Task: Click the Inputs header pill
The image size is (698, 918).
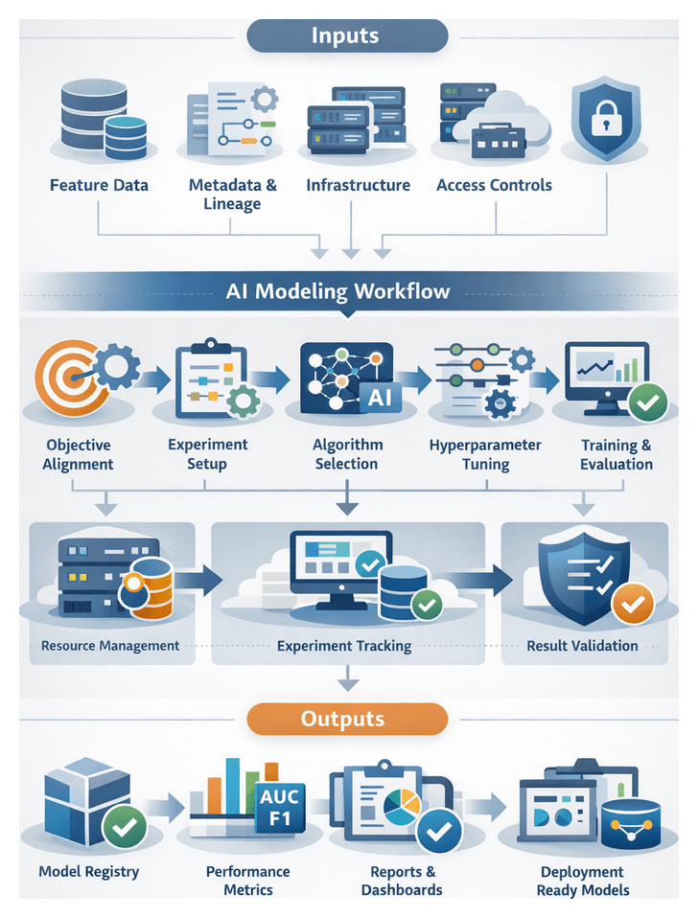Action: point(346,36)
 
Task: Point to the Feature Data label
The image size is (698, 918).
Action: point(99,185)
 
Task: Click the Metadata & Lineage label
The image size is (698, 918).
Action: point(232,195)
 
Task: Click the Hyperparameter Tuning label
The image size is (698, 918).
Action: point(485,454)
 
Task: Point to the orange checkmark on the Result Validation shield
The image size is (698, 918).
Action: point(632,604)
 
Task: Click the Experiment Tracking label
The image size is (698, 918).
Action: point(344,646)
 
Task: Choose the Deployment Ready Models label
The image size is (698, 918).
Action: point(582,881)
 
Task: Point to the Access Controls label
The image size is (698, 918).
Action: point(494,185)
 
